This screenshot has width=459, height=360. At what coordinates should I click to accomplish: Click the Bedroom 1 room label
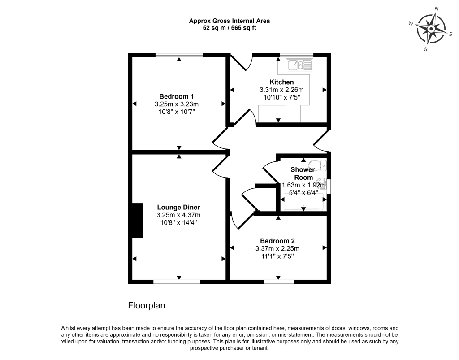tap(176, 96)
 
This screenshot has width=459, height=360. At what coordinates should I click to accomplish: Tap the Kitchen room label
tap(281, 82)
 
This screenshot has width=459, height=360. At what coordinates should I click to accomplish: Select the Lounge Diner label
tap(178, 207)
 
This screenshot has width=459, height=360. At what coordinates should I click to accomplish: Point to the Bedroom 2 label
tap(277, 241)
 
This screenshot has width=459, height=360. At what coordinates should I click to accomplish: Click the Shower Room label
tap(303, 173)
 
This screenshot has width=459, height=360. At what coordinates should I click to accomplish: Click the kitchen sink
tap(299, 65)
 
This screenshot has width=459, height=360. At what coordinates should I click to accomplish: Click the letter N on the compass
tap(437, 9)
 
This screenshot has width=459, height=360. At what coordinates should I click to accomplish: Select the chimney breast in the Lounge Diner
tap(136, 220)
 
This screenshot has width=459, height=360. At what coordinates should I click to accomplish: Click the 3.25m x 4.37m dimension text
tap(178, 215)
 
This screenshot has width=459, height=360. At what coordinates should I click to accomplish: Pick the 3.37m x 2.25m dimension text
tap(277, 249)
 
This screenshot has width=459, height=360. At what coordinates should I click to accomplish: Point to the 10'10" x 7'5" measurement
tap(281, 97)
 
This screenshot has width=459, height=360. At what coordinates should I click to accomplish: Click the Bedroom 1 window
tap(179, 55)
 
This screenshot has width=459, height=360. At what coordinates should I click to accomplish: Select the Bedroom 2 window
tap(278, 282)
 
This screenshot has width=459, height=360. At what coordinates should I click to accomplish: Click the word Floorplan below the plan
tap(147, 306)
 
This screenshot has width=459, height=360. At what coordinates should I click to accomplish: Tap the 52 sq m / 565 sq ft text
tap(229, 28)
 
